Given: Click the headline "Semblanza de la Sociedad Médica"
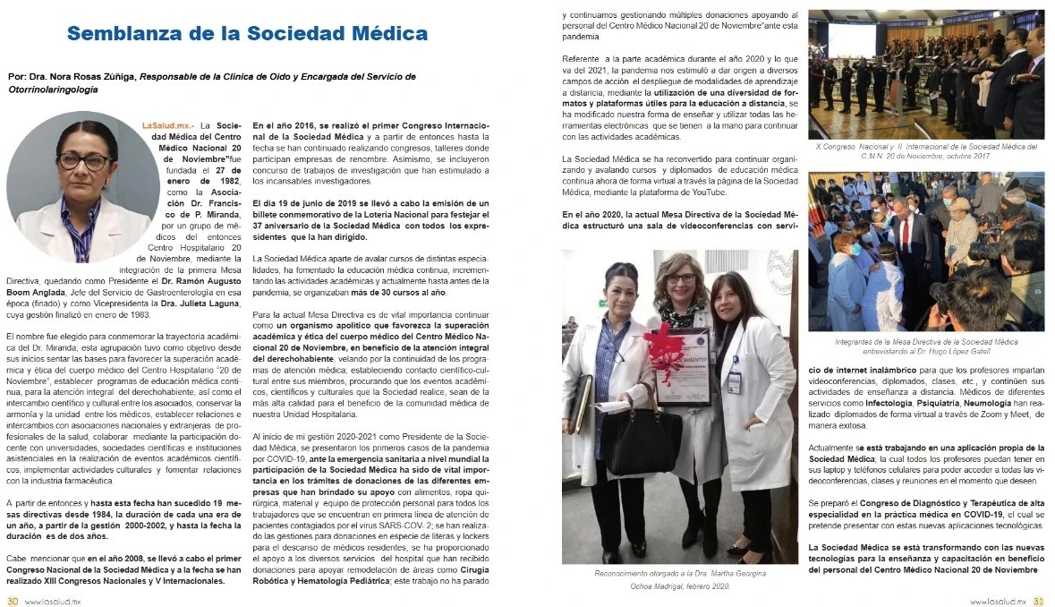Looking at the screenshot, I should click(x=247, y=34).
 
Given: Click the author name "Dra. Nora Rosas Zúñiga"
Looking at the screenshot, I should click(x=81, y=76).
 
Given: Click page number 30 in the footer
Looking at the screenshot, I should click(x=13, y=601).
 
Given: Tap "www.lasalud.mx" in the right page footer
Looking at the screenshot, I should click(x=1000, y=601).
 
